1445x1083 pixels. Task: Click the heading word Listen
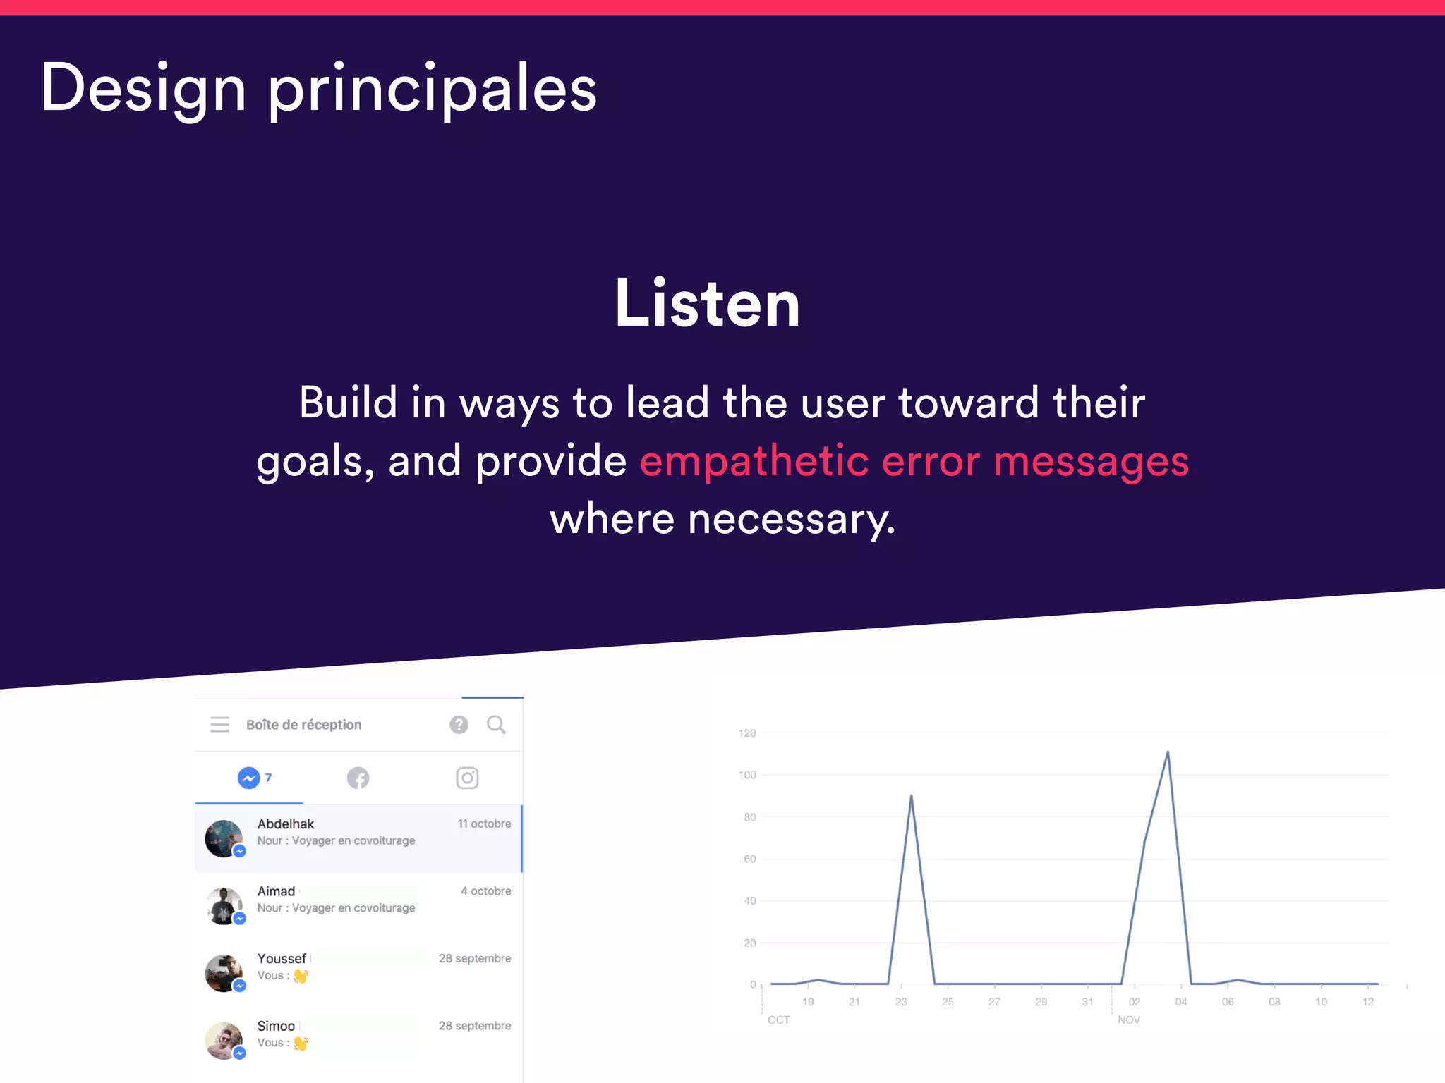(708, 304)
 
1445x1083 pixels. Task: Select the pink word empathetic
(754, 462)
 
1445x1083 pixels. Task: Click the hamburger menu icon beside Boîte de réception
(219, 724)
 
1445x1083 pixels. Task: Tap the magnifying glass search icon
(496, 724)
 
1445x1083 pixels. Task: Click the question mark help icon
(459, 724)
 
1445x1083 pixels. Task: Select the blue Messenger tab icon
(248, 778)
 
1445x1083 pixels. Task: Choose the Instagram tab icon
(467, 778)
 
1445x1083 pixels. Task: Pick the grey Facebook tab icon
(358, 778)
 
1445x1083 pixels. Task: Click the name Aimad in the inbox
(276, 891)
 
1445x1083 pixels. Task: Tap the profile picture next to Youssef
(224, 973)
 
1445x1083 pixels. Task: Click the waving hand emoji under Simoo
(301, 1043)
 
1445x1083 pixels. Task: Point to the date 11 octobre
(484, 824)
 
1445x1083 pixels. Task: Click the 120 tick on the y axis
(746, 733)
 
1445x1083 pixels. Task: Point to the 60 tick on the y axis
(749, 859)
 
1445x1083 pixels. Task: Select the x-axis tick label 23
(901, 1002)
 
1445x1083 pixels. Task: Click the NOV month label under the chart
(1128, 1020)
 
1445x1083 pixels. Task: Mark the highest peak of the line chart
(1168, 752)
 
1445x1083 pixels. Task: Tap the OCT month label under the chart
(778, 1020)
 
